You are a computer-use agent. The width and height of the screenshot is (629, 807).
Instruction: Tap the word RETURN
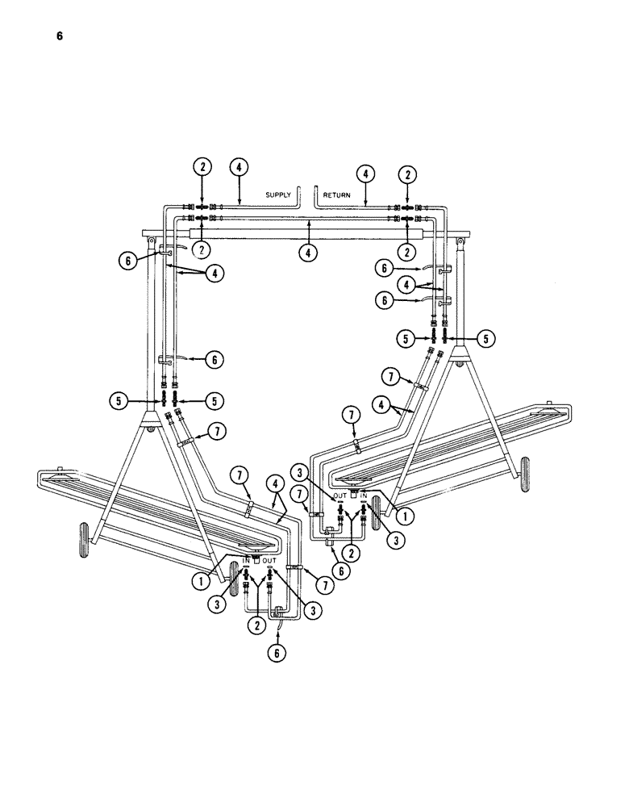coord(337,195)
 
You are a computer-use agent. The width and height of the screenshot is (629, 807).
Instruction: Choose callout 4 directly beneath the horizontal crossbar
coord(306,253)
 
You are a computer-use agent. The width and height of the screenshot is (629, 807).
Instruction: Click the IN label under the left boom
coord(248,559)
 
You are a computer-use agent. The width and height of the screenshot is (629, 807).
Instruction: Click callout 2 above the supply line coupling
coord(202,169)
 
